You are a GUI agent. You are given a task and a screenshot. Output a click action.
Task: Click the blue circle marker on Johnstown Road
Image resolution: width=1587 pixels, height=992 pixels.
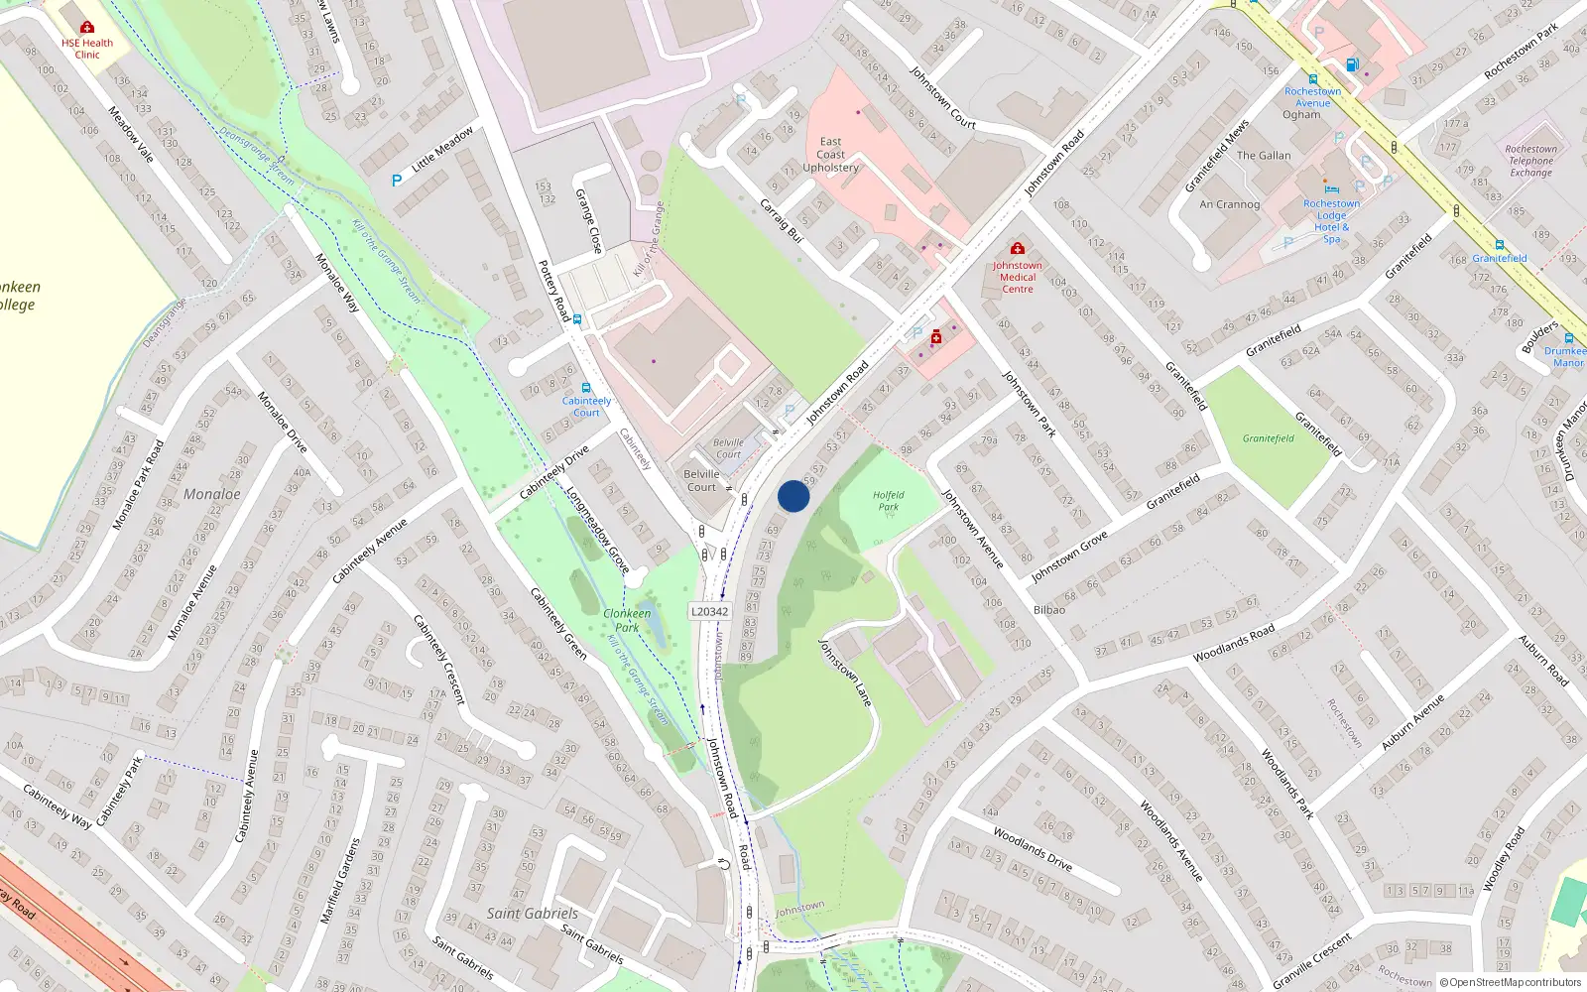pyautogui.click(x=793, y=496)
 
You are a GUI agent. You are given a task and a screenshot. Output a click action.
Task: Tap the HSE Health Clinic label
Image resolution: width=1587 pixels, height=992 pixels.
pyautogui.click(x=87, y=49)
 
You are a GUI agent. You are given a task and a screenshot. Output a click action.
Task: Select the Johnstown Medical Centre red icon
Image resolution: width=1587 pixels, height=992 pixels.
pyautogui.click(x=1017, y=248)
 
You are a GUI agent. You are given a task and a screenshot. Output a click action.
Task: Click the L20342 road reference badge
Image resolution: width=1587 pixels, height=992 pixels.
pyautogui.click(x=709, y=611)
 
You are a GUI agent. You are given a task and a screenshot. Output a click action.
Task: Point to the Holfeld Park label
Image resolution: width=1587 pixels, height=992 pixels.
pyautogui.click(x=888, y=501)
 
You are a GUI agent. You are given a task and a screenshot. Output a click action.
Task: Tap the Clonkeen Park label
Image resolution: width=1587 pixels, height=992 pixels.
pyautogui.click(x=627, y=620)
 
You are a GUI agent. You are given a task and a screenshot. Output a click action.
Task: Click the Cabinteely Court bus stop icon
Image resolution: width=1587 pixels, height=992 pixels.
pyautogui.click(x=586, y=388)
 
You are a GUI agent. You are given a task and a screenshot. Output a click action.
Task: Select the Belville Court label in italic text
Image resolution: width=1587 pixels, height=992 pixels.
pyautogui.click(x=728, y=448)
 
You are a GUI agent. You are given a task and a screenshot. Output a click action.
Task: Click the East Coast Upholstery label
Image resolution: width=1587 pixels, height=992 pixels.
pyautogui.click(x=830, y=155)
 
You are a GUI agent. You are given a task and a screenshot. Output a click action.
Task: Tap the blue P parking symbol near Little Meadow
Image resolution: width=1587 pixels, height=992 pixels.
pyautogui.click(x=397, y=181)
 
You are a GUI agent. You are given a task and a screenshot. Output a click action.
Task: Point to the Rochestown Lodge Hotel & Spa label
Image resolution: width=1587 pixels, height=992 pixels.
pyautogui.click(x=1331, y=221)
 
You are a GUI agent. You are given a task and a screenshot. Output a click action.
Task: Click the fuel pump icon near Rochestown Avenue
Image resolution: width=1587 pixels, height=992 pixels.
pyautogui.click(x=1351, y=64)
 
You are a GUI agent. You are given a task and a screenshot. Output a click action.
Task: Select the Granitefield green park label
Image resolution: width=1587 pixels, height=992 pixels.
pyautogui.click(x=1268, y=438)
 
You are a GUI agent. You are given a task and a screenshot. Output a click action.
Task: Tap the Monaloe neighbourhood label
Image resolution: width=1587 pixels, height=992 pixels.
pyautogui.click(x=211, y=494)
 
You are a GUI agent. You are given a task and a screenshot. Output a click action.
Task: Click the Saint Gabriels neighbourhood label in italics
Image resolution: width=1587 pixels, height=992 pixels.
pyautogui.click(x=532, y=913)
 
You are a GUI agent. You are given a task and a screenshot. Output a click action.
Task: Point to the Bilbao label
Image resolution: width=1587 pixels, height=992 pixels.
pyautogui.click(x=1049, y=610)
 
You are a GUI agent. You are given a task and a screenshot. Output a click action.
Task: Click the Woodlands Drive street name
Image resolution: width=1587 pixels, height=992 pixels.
pyautogui.click(x=1032, y=849)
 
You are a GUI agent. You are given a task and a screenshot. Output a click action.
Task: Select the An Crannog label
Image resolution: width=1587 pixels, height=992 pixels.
pyautogui.click(x=1229, y=204)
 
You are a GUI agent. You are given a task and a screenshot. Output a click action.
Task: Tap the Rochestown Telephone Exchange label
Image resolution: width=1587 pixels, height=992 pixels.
pyautogui.click(x=1530, y=161)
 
